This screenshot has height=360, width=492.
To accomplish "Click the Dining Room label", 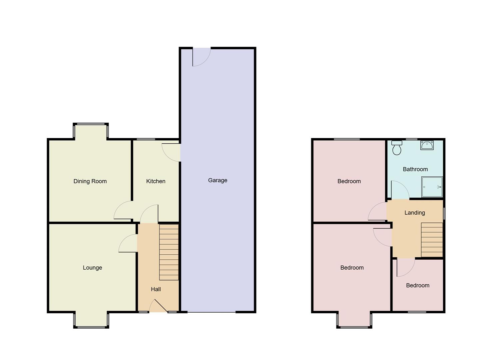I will [90, 181].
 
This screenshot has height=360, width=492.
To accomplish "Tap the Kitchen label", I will [156, 181].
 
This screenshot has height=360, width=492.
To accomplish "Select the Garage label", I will [218, 180].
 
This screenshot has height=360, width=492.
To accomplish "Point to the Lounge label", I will [92, 268].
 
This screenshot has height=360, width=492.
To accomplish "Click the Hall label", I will [156, 289].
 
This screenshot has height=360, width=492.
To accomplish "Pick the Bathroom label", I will [415, 169].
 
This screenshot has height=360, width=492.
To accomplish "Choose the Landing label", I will [414, 213].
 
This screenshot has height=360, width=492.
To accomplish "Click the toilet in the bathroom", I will [397, 148].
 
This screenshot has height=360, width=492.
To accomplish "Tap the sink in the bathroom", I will [427, 145].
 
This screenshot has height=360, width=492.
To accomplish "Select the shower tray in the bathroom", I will [432, 187].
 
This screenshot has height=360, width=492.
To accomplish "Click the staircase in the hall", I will [169, 252].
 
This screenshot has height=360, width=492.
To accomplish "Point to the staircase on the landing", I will [432, 240].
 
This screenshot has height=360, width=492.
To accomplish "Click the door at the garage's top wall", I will [201, 57].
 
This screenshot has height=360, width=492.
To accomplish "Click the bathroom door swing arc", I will [399, 190].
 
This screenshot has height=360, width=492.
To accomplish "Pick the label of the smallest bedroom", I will [417, 285].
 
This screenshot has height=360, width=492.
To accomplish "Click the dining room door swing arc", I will [123, 211].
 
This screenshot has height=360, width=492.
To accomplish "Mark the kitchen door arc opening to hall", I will [149, 214].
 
